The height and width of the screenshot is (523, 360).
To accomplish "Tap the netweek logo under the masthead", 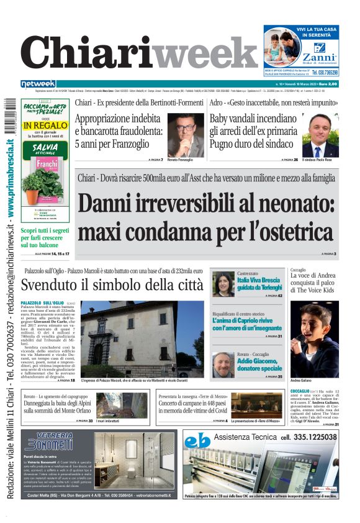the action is coord(38,84).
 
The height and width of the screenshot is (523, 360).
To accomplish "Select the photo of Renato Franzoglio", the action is coord(186,136).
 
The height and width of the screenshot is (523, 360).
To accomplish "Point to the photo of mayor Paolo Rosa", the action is coord(320,136).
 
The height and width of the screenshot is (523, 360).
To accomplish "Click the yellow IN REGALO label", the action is coord(45,125).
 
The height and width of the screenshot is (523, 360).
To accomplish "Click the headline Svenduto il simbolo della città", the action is coord(112,285).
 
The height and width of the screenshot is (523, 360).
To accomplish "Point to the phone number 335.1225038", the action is coord(308,437).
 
